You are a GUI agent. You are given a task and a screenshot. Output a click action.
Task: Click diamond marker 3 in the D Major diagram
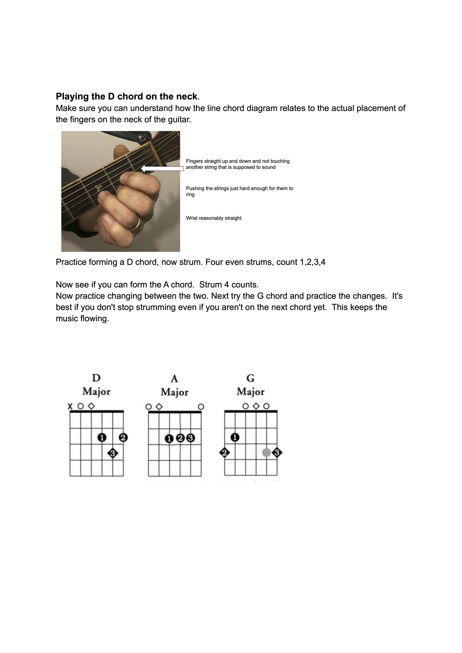[113, 453]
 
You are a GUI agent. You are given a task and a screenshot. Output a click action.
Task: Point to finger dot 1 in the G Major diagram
[235, 437]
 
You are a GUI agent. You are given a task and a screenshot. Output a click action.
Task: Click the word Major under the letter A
[174, 393]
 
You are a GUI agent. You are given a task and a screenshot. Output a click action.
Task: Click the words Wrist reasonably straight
[214, 218]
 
